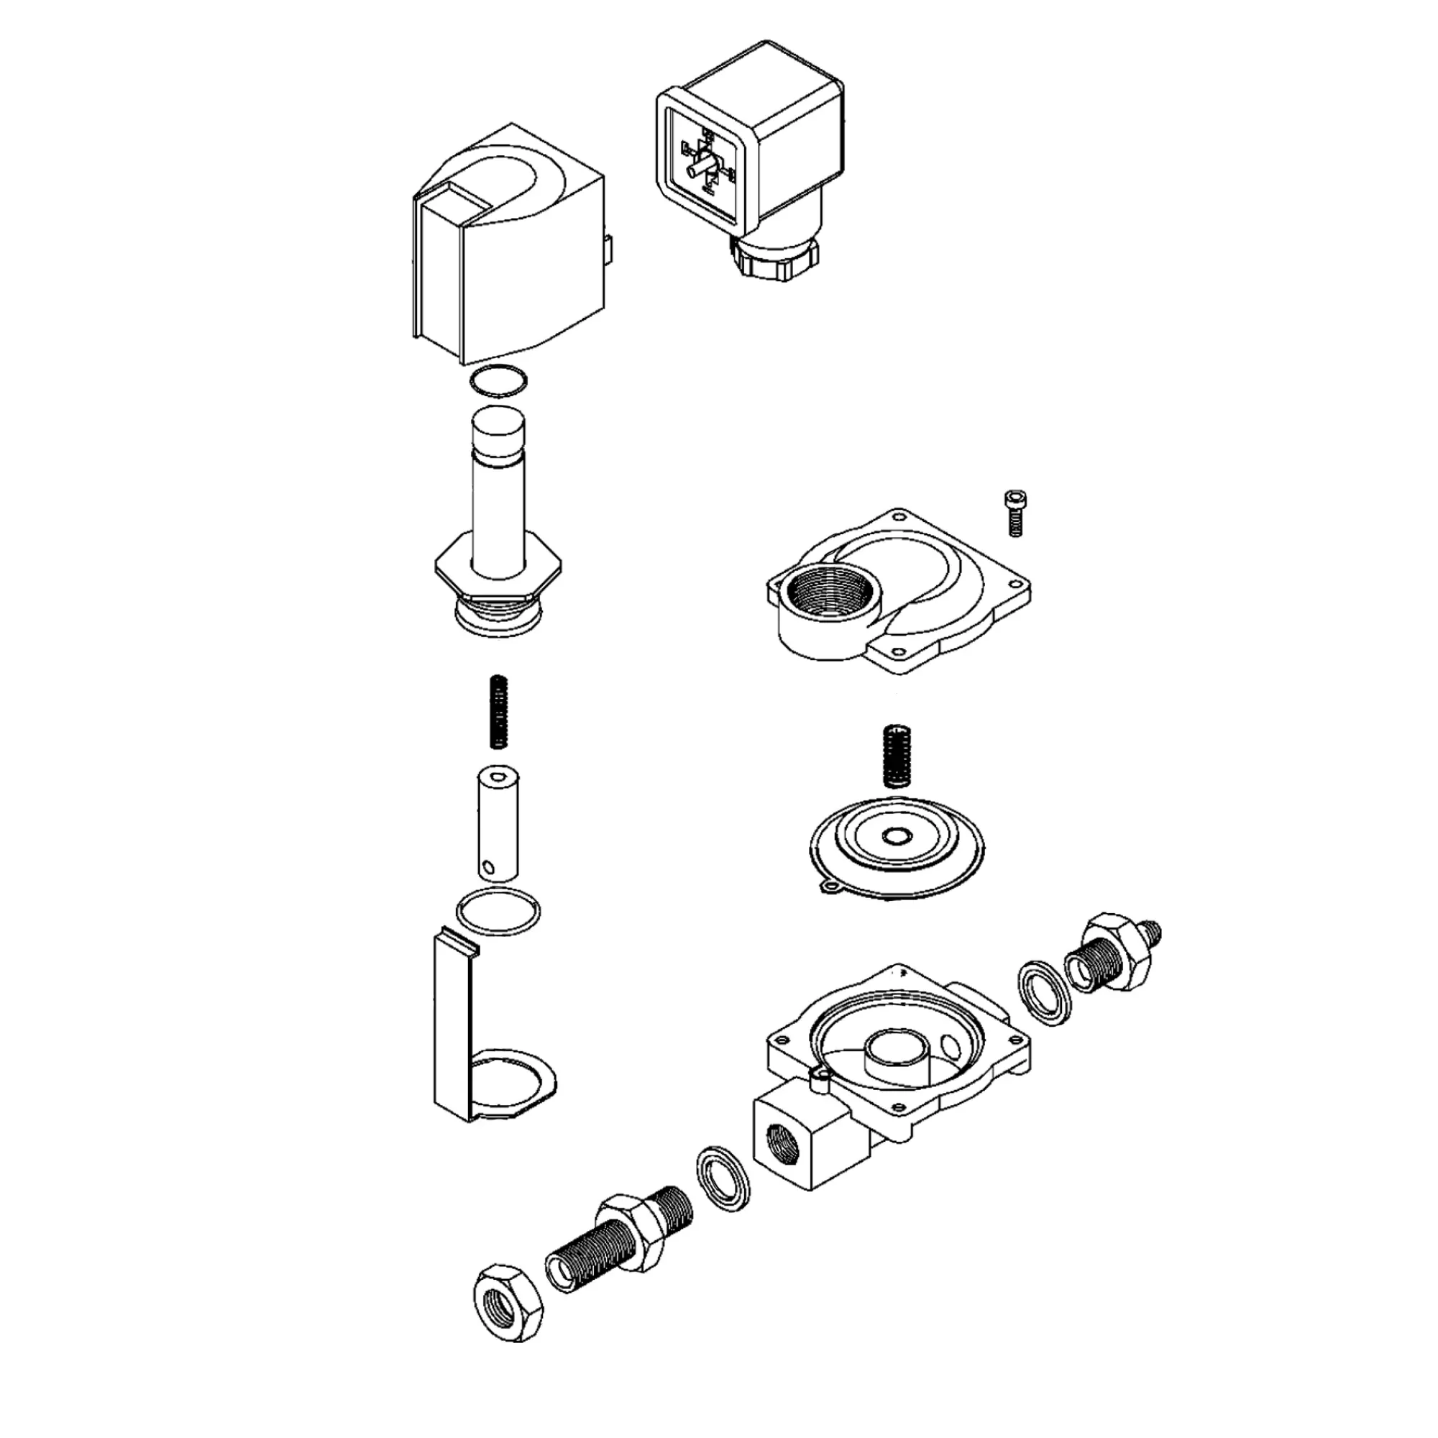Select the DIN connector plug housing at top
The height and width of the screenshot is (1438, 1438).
coord(752,149)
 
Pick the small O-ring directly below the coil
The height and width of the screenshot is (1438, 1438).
coord(498,382)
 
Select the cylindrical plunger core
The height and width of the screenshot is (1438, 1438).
coord(498,825)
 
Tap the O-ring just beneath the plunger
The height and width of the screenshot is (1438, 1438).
coord(498,910)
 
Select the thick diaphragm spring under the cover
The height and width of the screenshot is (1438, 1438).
coord(895,756)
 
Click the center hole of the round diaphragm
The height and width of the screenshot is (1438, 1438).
coord(897,836)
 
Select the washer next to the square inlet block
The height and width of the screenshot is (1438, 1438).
coord(723,1189)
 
